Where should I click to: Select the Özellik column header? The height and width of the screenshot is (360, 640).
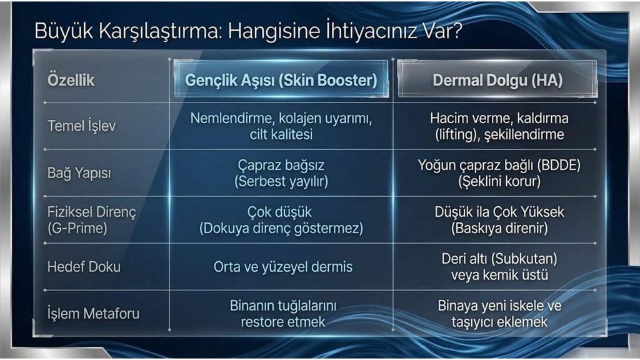pos(71,80)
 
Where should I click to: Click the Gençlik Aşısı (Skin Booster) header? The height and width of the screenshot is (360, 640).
pos(281,81)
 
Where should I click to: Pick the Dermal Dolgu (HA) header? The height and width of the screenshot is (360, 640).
pos(497,81)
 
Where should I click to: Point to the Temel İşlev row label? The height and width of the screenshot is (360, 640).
pos(82,126)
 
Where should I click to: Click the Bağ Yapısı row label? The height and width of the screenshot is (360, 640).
pos(79,173)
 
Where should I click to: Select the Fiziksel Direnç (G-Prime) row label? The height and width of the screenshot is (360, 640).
pos(91,220)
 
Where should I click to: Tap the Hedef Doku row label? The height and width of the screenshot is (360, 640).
pos(84,267)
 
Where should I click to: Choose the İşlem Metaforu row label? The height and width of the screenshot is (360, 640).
pos(93,314)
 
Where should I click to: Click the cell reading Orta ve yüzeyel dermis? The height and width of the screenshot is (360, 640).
pos(283,267)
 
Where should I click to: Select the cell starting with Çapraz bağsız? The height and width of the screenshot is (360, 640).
pos(281,173)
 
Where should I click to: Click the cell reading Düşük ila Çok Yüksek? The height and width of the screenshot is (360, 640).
pos(499,220)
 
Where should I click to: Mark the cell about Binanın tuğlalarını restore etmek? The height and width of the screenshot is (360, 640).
pos(283,314)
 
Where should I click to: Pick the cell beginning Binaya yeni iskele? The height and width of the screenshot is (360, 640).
pos(499,314)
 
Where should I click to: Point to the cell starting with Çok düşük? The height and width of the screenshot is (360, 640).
pos(281,220)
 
